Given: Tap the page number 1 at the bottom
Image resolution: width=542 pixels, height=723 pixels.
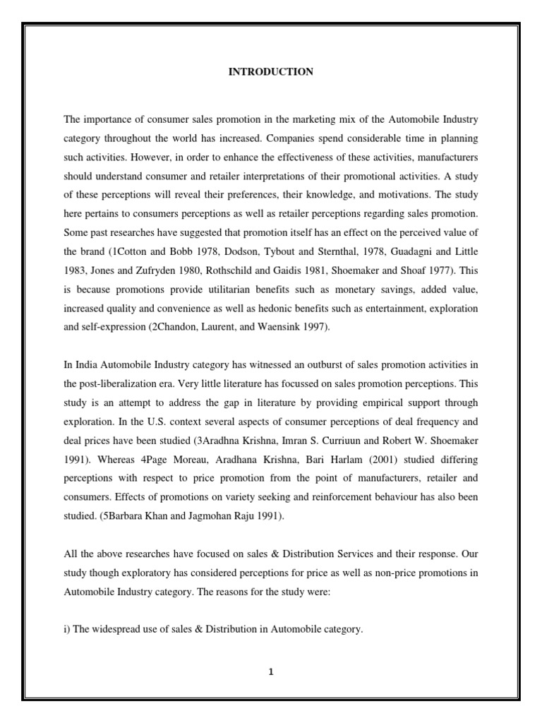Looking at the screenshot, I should click(270, 671).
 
